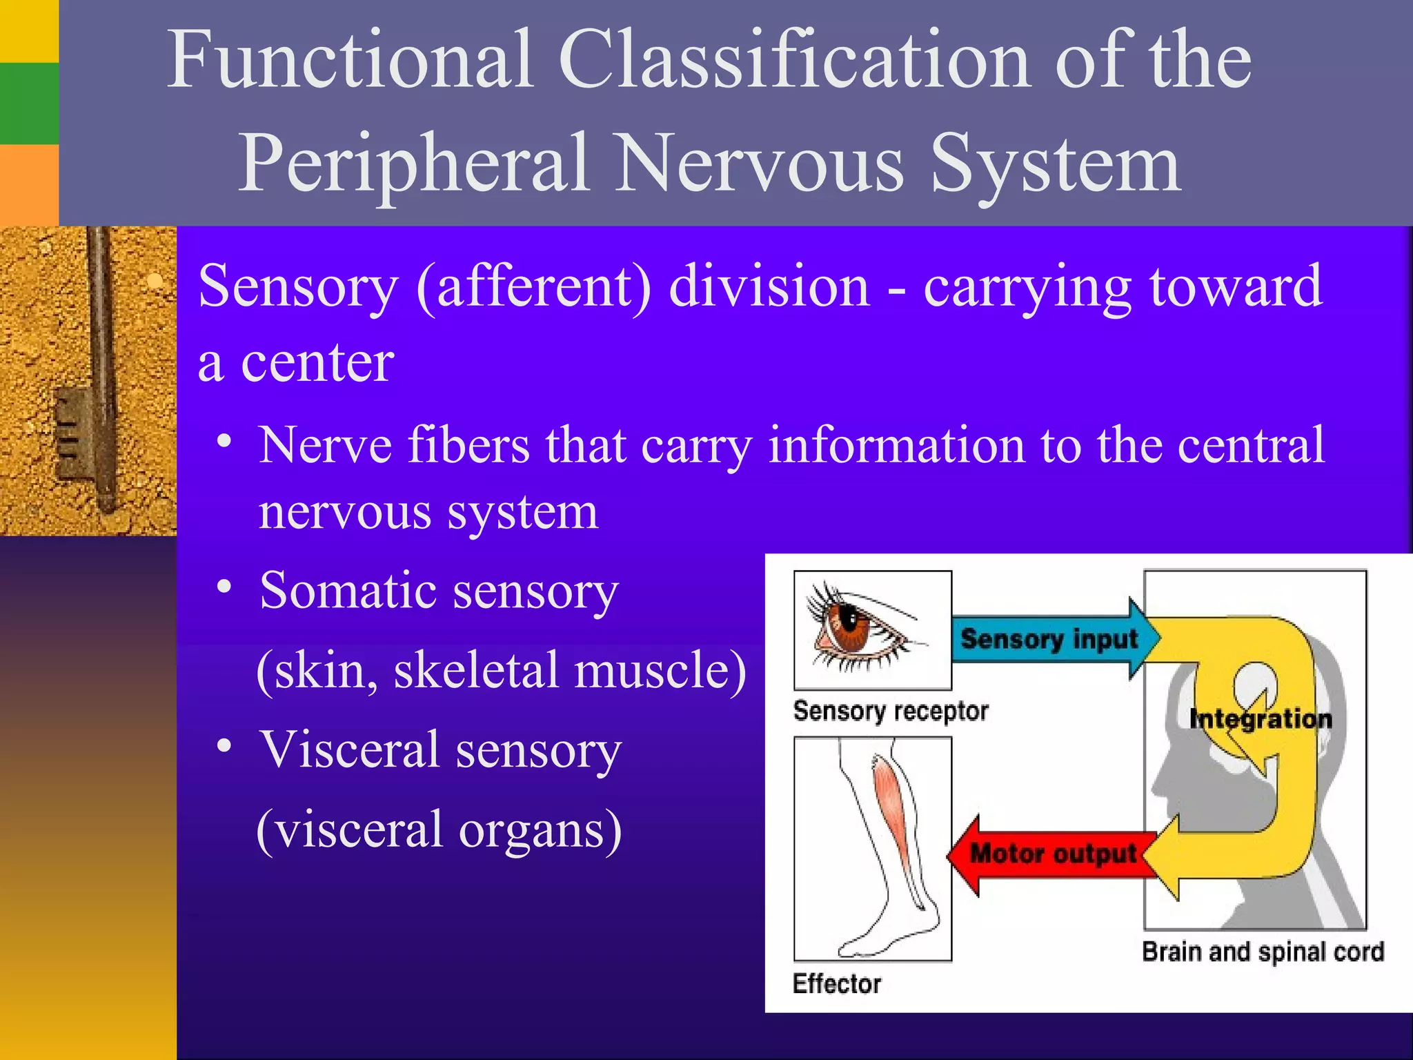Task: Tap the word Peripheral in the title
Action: tap(414, 164)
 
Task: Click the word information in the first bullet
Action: tap(896, 445)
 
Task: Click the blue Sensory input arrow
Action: tap(1049, 639)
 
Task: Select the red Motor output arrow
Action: tap(1049, 854)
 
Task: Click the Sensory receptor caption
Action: tap(890, 711)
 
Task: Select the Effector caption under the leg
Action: tap(836, 983)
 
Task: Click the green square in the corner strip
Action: tap(29, 104)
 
